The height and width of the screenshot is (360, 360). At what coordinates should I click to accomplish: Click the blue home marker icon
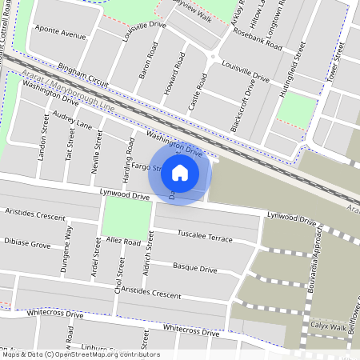pos(180,172)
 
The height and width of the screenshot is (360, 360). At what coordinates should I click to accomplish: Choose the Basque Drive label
pos(195,268)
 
